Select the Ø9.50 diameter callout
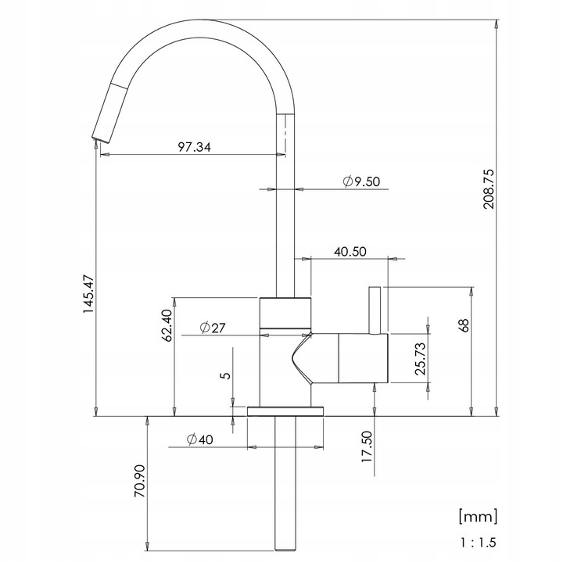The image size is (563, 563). pyautogui.click(x=360, y=182)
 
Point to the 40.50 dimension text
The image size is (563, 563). pyautogui.click(x=350, y=252)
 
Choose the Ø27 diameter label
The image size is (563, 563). pyautogui.click(x=212, y=328)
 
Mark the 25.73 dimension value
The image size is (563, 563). pyautogui.click(x=420, y=357)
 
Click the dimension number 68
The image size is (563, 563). pyautogui.click(x=464, y=325)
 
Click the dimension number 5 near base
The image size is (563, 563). pyautogui.click(x=225, y=375)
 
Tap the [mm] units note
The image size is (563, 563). pyautogui.click(x=477, y=515)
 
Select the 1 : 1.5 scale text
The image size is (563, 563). pyautogui.click(x=477, y=541)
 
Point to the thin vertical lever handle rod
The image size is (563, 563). pyautogui.click(x=375, y=310)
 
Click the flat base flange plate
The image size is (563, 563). pyautogui.click(x=285, y=411)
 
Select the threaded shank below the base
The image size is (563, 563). pyautogui.click(x=285, y=485)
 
